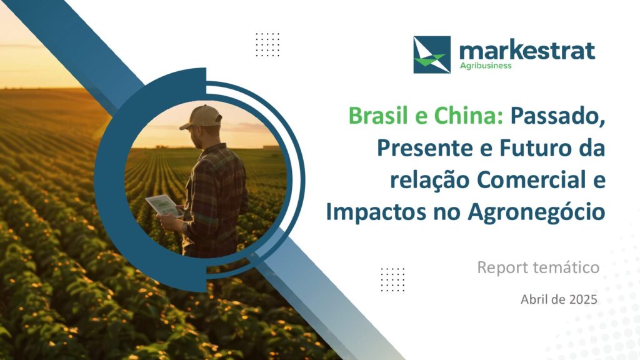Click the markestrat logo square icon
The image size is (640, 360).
click(432, 55)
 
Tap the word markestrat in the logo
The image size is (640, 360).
click(527, 51)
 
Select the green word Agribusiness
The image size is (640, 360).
click(485, 66)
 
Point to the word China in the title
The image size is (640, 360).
click(468, 116)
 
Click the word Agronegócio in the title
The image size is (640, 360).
click(536, 212)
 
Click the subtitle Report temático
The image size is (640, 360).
click(538, 267)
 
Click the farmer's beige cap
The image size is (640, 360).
click(202, 117)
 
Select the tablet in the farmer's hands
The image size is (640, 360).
click(164, 205)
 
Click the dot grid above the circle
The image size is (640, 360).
click(267, 44)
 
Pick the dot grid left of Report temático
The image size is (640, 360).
click(392, 279)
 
